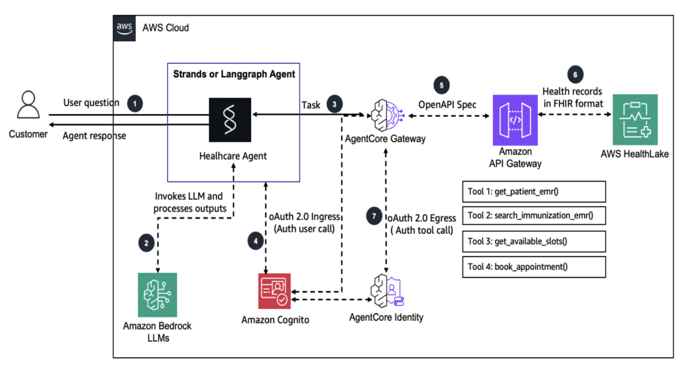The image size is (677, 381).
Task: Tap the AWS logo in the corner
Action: [x=124, y=28]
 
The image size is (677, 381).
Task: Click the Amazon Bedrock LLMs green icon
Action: [x=157, y=295]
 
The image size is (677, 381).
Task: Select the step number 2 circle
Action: [x=146, y=244]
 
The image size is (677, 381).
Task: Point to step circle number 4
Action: [x=255, y=240]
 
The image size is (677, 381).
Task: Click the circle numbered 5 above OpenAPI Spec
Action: [x=442, y=86]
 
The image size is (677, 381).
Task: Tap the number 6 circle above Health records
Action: [x=575, y=74]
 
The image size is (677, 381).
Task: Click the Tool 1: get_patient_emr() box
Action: [x=534, y=192]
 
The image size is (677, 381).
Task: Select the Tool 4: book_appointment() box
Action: [x=534, y=266]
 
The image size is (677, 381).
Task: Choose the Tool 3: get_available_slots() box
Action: [x=534, y=242]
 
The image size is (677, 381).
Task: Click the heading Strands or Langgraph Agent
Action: [x=234, y=74]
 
